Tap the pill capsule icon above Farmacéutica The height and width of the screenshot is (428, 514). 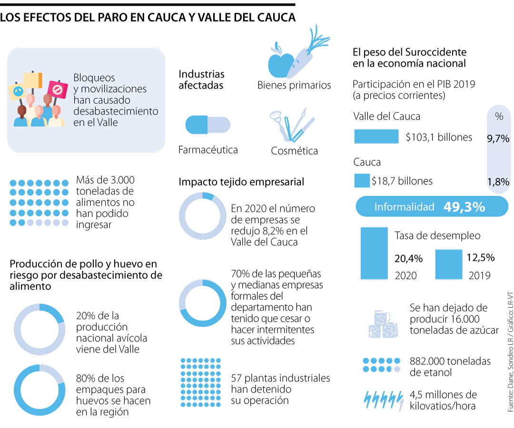(208, 125)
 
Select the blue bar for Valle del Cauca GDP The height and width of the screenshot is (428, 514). (376, 136)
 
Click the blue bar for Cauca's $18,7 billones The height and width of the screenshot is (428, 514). (362, 181)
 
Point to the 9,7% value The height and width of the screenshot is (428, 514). (498, 139)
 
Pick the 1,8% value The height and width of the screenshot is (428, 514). (498, 181)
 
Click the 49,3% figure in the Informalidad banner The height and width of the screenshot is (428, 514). (464, 207)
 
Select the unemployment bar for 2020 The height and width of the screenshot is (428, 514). (375, 253)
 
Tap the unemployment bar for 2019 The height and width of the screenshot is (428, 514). (448, 265)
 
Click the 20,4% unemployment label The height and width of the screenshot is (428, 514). (408, 259)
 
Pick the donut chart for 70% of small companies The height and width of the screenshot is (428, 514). (203, 303)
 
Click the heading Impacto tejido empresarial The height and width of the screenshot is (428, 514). (241, 182)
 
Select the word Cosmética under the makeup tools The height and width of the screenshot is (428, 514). (294, 151)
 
